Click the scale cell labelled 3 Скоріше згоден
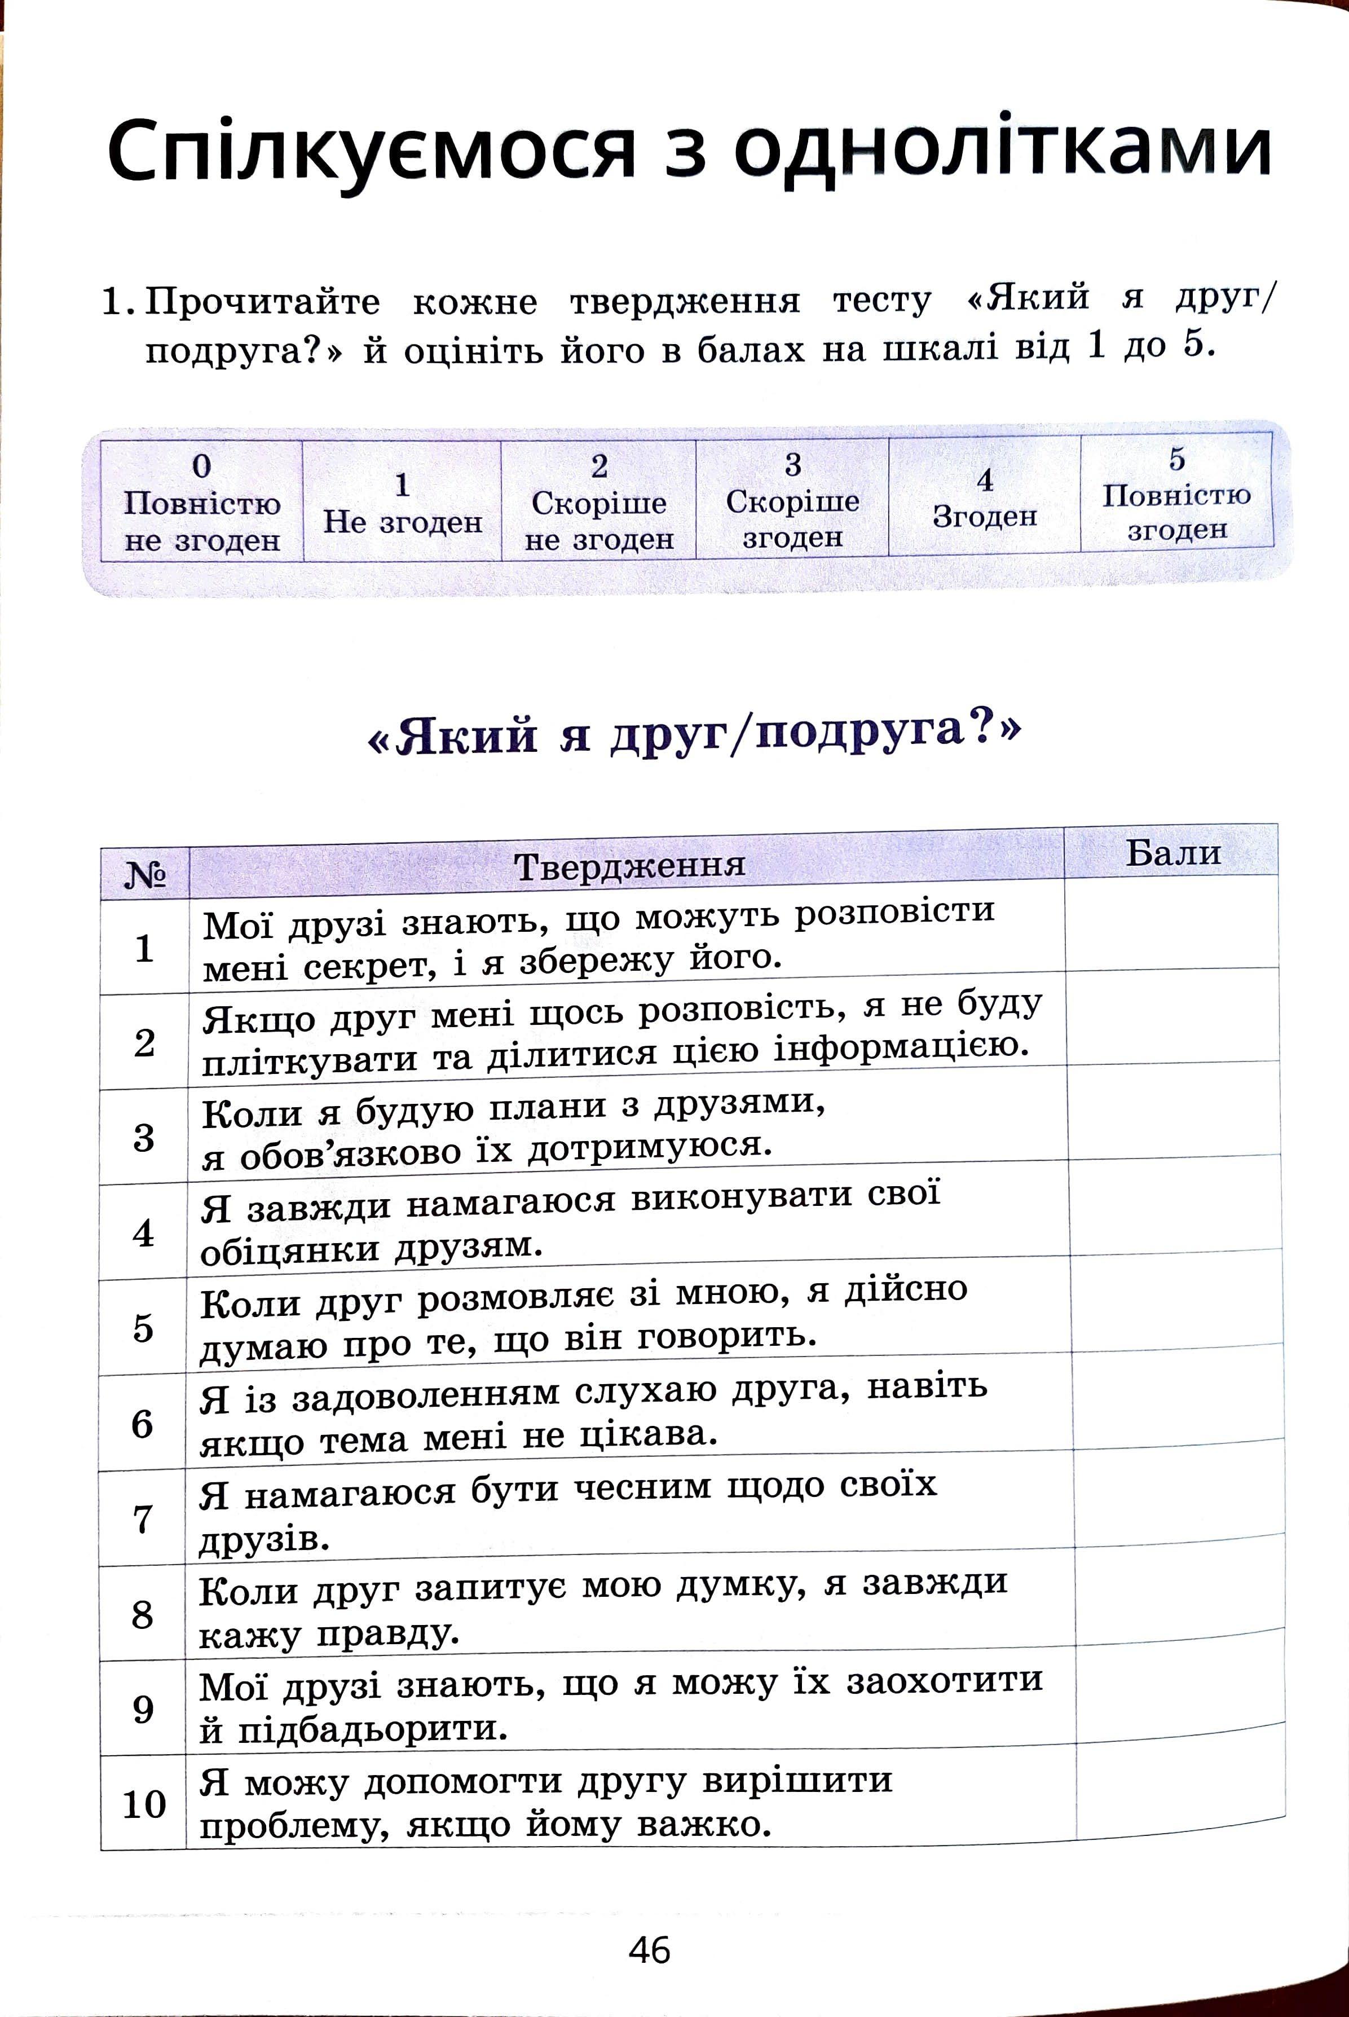792,499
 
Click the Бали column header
1172,852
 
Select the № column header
144,876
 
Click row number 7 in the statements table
143,1519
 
